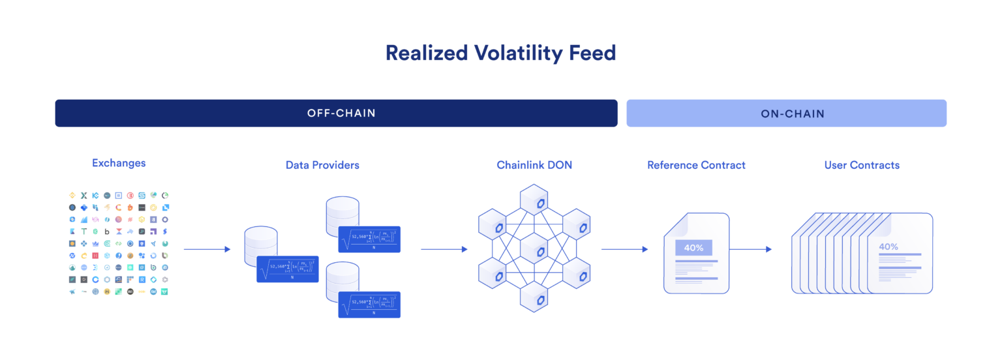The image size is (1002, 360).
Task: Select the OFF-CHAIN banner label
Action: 341,113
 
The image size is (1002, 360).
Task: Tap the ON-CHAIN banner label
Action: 792,113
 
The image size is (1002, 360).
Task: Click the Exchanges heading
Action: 119,163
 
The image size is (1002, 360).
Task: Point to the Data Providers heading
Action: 322,165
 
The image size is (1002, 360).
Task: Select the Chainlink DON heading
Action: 534,165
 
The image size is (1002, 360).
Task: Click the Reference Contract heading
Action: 696,165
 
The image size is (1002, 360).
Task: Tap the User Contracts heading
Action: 862,165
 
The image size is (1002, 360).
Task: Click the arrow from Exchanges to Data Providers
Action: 207,249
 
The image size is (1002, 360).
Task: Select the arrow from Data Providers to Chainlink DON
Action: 444,249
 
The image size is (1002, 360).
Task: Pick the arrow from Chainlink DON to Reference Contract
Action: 624,249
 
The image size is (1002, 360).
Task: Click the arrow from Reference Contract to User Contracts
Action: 750,249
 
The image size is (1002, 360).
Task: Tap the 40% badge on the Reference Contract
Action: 693,248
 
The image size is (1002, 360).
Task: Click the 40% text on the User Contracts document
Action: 888,247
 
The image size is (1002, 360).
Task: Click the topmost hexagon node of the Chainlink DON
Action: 534,203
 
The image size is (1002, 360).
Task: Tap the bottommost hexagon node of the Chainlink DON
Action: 534,297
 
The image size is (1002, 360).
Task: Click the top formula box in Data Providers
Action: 369,239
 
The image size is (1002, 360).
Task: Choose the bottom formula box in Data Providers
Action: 369,305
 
